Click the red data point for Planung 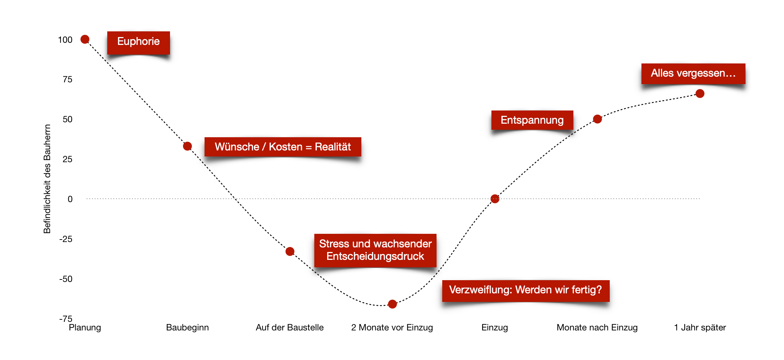point(85,39)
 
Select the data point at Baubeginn point(187,146)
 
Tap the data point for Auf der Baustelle point(290,251)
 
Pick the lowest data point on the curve point(392,304)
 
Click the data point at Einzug point(495,199)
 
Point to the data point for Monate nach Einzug point(598,119)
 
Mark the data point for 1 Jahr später point(700,94)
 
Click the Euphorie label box point(138,42)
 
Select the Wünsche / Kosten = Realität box point(283,147)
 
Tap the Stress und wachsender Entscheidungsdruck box point(375,250)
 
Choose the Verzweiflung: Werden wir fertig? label point(526,290)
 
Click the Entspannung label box point(532,120)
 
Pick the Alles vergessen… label point(693,73)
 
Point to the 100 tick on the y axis point(65,40)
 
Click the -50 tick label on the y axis point(66,279)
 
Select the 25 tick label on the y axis point(67,159)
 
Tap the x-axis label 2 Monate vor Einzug point(392,328)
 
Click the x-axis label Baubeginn point(187,328)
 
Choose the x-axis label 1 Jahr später point(700,328)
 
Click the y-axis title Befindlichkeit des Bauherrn point(47,179)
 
